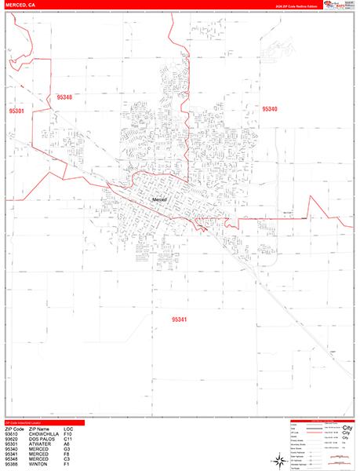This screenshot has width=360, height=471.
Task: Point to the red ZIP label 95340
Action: point(270,109)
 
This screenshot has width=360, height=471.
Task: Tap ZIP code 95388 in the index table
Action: point(12,465)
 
